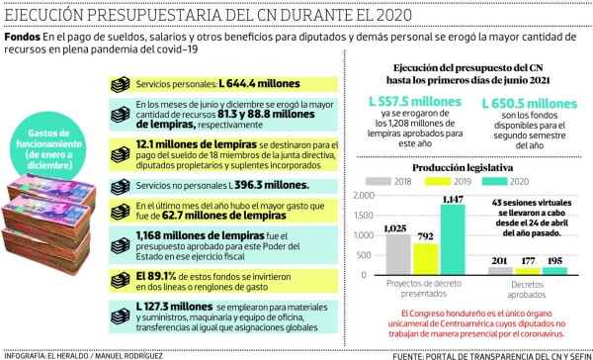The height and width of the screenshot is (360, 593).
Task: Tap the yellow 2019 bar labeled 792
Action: pyautogui.click(x=426, y=255)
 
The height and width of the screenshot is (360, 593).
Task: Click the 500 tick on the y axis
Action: pyautogui.click(x=371, y=253)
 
